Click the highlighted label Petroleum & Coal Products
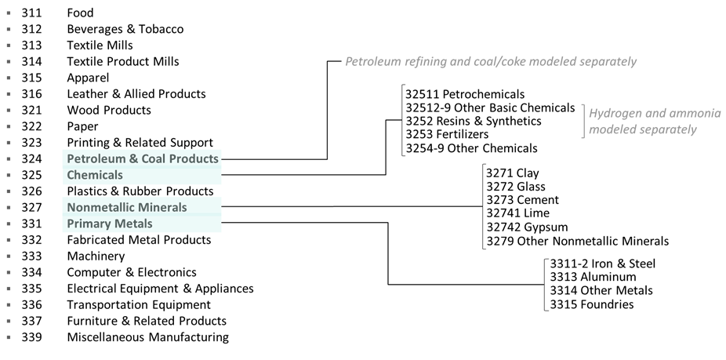pos(143,158)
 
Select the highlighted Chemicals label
pos(95,175)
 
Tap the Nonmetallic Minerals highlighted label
pos(127,207)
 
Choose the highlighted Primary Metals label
pos(110,224)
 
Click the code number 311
pos(31,13)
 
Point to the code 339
pos(31,336)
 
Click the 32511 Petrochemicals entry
pos(465,94)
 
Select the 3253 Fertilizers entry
pos(447,134)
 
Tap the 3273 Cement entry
pos(522,200)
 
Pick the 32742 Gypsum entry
pos(527,227)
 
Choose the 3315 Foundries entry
pos(592,304)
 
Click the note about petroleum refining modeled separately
pos(491,61)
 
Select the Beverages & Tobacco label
pos(125,29)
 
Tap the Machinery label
pos(96,256)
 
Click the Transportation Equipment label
pos(139,304)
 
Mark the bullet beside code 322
pos(9,126)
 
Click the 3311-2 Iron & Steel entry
pos(603,264)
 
